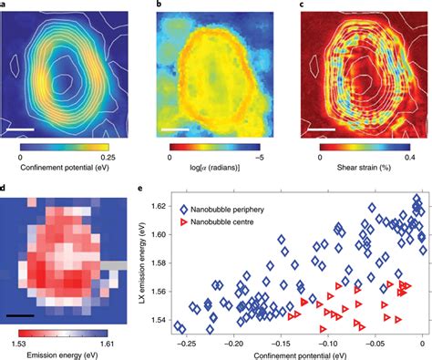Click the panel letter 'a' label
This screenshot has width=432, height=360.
(5, 5)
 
